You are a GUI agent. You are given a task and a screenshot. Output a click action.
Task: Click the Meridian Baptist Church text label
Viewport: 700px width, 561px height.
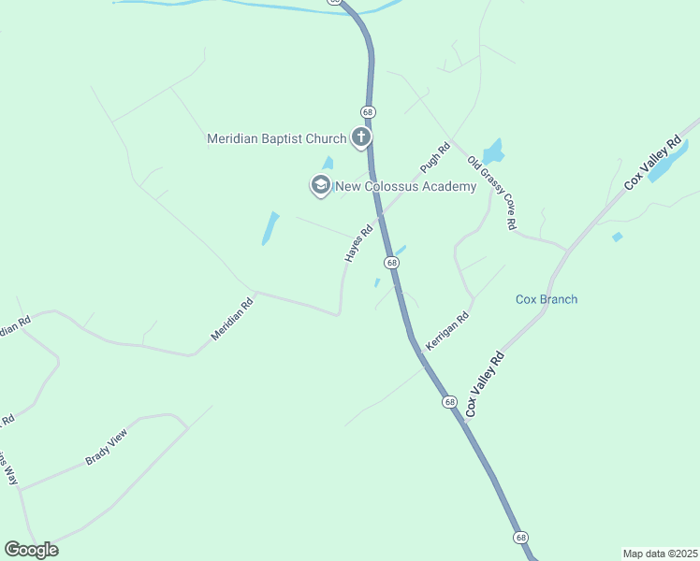pyautogui.click(x=276, y=139)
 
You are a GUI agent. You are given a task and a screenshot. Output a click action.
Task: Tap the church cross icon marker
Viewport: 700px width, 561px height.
pyautogui.click(x=361, y=138)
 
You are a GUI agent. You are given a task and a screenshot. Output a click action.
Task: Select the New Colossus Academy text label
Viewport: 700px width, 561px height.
pyautogui.click(x=406, y=186)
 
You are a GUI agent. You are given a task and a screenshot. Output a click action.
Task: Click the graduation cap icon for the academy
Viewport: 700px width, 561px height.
pyautogui.click(x=321, y=185)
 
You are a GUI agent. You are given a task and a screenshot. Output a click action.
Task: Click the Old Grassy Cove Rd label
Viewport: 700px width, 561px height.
pyautogui.click(x=492, y=194)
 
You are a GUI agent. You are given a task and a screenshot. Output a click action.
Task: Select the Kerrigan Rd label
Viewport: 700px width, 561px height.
pyautogui.click(x=446, y=332)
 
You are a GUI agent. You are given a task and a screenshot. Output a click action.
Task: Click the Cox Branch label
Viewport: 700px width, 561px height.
pyautogui.click(x=547, y=299)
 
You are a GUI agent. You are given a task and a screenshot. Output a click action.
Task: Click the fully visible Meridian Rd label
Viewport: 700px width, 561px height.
pyautogui.click(x=232, y=319)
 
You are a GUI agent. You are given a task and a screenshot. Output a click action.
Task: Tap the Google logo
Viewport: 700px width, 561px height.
pyautogui.click(x=31, y=550)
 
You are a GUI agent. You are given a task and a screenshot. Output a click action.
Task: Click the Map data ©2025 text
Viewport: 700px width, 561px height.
pyautogui.click(x=661, y=554)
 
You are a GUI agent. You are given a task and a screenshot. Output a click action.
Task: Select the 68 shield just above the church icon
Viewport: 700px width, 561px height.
pyautogui.click(x=369, y=112)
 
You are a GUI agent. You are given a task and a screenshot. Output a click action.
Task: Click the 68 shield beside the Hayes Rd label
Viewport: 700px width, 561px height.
pyautogui.click(x=392, y=263)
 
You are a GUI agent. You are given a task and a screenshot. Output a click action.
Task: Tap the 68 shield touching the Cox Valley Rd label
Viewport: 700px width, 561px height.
pyautogui.click(x=450, y=402)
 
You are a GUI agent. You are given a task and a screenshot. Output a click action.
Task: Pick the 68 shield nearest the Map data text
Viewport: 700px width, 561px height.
pyautogui.click(x=521, y=537)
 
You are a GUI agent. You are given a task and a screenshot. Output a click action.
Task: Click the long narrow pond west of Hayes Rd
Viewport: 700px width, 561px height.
pyautogui.click(x=270, y=228)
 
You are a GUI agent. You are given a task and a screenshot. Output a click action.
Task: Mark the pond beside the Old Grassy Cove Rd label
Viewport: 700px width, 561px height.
pyautogui.click(x=492, y=151)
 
